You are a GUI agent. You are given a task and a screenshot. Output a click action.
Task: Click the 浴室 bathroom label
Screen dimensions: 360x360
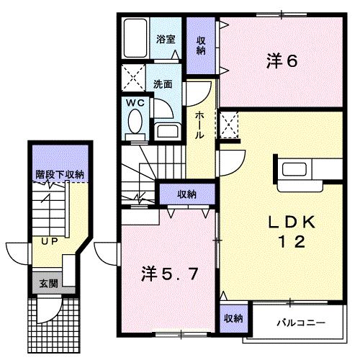(166, 39)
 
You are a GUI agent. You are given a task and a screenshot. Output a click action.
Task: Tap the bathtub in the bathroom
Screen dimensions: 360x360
(135, 38)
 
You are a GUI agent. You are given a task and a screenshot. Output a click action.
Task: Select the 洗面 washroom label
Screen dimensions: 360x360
(163, 84)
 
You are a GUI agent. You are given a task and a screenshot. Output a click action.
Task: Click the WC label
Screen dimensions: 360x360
(135, 103)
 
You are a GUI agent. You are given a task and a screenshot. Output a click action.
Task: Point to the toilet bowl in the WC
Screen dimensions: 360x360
(135, 122)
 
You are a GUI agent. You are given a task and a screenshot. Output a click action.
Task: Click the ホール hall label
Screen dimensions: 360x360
(199, 125)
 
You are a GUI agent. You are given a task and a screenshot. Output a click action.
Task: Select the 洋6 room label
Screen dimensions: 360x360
(282, 61)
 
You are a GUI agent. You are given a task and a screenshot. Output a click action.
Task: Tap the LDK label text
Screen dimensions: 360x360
(292, 222)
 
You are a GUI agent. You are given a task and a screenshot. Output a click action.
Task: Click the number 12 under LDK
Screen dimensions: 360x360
(292, 241)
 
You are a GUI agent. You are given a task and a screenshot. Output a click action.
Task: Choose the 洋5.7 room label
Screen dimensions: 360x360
(170, 274)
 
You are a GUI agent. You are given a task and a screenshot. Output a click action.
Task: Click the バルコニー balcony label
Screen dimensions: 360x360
(301, 323)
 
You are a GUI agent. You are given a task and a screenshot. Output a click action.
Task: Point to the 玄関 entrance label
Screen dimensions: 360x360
(49, 284)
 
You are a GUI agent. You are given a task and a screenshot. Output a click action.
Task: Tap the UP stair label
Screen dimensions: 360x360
(50, 241)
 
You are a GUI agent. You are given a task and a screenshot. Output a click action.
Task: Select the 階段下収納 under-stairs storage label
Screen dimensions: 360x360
(60, 174)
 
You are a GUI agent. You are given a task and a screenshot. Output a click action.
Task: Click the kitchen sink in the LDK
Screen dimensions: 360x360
(294, 169)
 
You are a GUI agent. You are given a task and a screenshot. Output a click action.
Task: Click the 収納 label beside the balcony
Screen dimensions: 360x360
(233, 318)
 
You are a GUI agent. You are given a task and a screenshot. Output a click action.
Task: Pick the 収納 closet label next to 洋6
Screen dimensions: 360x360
(201, 45)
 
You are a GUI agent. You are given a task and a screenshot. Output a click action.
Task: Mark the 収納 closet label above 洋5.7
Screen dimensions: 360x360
(187, 194)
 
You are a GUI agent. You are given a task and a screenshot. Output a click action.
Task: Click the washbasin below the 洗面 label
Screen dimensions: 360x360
(168, 131)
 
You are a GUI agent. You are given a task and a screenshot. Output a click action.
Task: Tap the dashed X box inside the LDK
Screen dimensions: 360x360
(230, 125)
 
